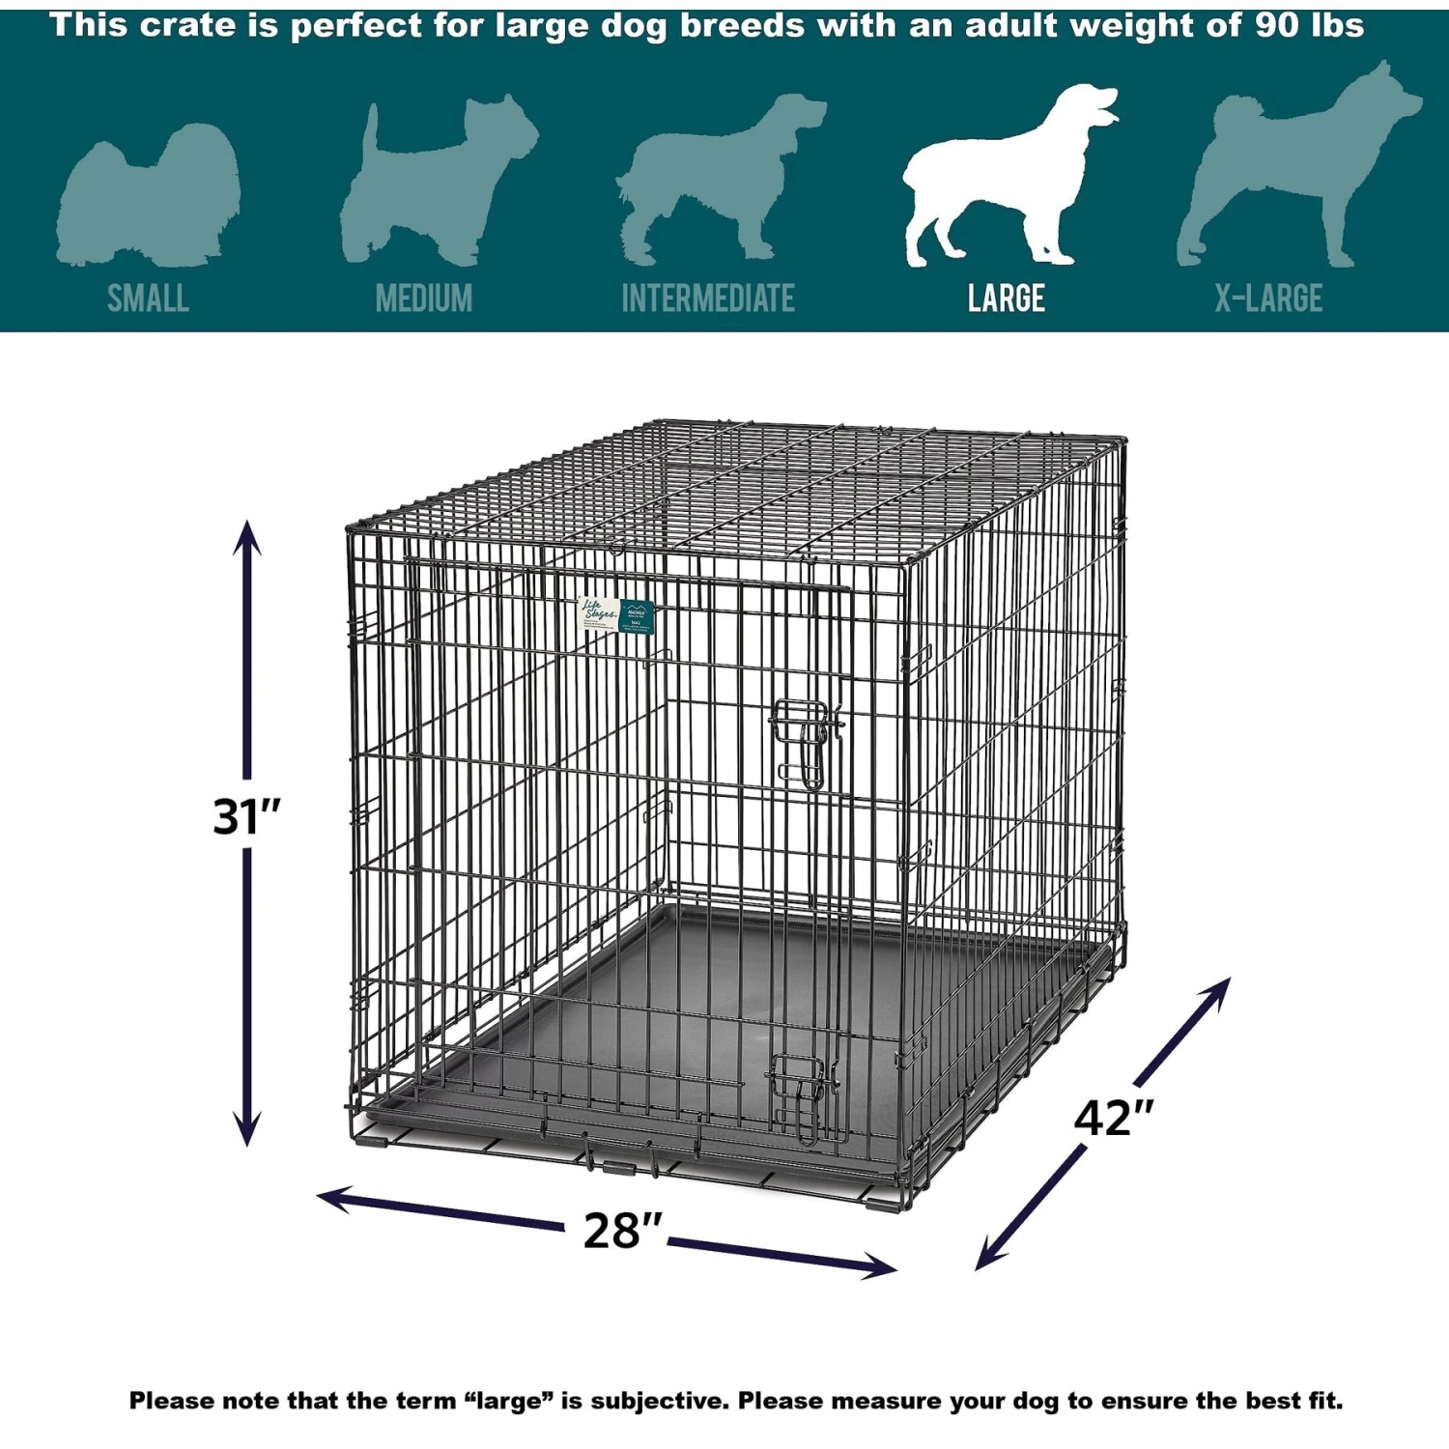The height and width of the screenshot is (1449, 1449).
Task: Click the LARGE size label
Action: (x=1006, y=298)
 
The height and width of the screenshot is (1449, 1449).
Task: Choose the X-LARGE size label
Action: (x=1267, y=298)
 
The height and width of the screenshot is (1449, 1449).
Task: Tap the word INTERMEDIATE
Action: (x=707, y=298)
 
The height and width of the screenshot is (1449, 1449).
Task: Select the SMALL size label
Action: (x=148, y=298)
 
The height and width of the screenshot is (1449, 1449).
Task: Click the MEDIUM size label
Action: (x=424, y=298)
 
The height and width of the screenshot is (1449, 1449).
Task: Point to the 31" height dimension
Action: (x=246, y=816)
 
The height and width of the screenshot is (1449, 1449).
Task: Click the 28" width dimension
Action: (x=622, y=1230)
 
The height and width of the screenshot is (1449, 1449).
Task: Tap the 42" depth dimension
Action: (x=1113, y=1118)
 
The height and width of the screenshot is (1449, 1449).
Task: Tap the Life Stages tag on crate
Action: (x=616, y=614)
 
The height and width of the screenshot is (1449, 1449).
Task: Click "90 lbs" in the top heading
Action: (x=1309, y=25)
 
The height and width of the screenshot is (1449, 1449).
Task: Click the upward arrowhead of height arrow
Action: (x=247, y=536)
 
